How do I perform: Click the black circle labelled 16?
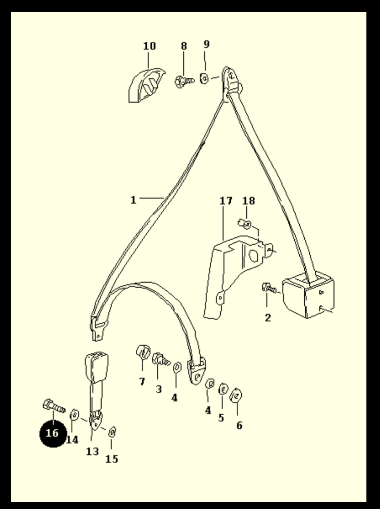tap(53, 433)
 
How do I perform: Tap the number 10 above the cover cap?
tap(150, 46)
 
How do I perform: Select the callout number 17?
tap(226, 201)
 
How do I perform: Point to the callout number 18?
tap(248, 201)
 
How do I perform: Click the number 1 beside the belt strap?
tap(133, 200)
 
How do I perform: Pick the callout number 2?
tap(268, 318)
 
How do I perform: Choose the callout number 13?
tap(92, 451)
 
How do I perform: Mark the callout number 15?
tap(112, 459)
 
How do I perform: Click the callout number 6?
tap(239, 425)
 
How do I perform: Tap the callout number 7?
tap(142, 382)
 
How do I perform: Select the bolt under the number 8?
tap(185, 81)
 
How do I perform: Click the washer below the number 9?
tap(204, 79)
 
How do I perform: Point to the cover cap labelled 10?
tap(146, 85)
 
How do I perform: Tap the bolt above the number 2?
tap(269, 288)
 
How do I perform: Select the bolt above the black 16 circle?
tap(54, 406)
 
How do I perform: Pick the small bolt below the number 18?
tap(245, 224)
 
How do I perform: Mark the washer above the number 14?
tap(74, 415)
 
